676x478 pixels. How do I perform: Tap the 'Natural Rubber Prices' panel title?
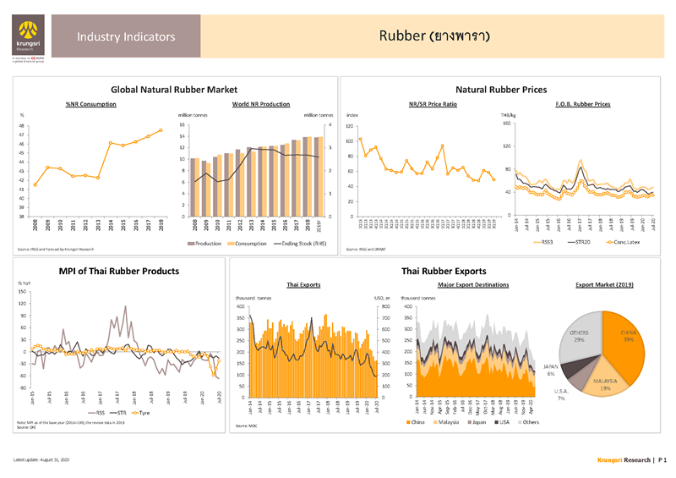(x=501, y=89)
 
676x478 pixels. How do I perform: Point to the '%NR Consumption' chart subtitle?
(x=90, y=103)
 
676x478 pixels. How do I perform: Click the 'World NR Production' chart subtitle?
(x=260, y=103)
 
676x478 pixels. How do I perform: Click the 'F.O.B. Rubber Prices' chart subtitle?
(x=583, y=103)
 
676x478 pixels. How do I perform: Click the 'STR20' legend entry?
(x=584, y=243)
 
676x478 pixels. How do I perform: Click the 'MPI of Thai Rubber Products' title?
(x=118, y=271)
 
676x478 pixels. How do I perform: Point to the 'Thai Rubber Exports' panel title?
(x=444, y=271)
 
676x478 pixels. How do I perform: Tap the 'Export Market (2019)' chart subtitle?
(x=604, y=285)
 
